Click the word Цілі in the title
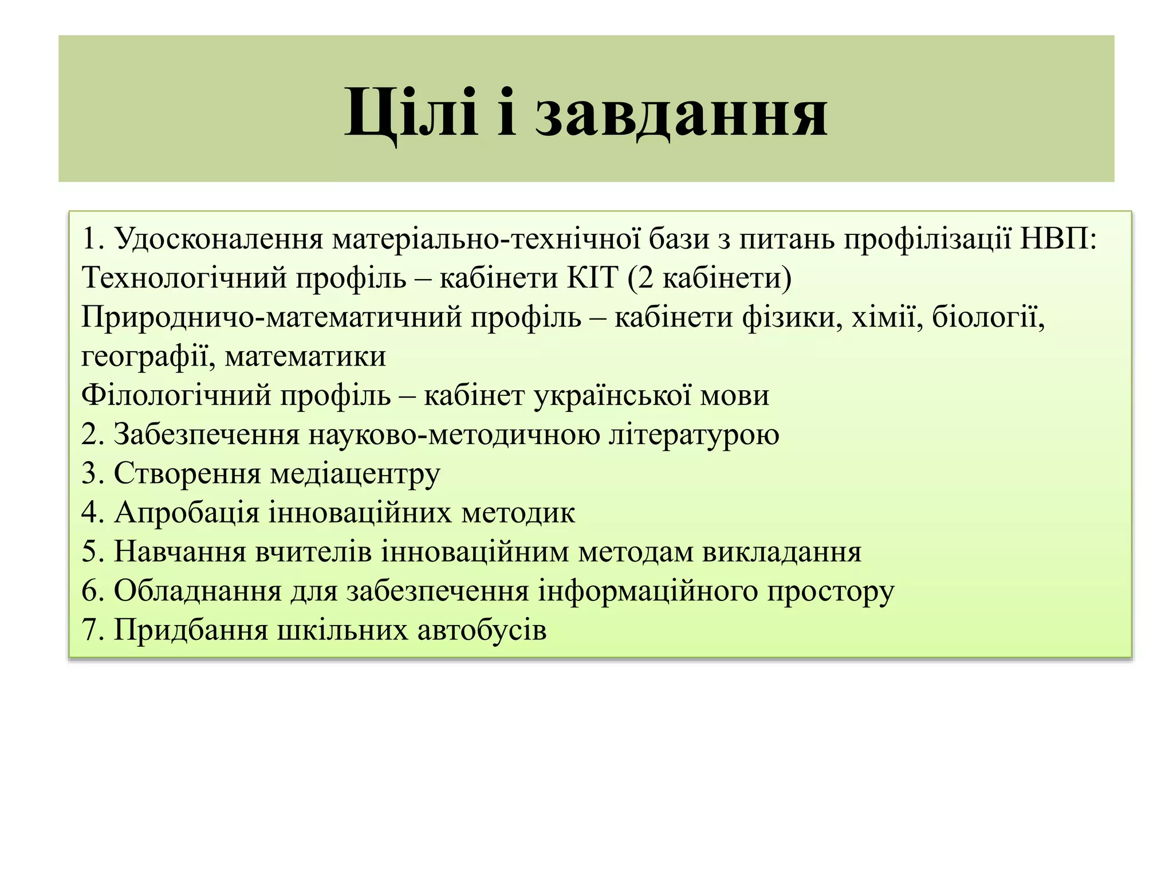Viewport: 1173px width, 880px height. pyautogui.click(x=411, y=112)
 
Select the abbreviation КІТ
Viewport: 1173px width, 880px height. pyautogui.click(x=593, y=278)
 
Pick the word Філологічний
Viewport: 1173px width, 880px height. pyautogui.click(x=176, y=395)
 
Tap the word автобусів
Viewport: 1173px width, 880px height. pyautogui.click(x=482, y=630)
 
